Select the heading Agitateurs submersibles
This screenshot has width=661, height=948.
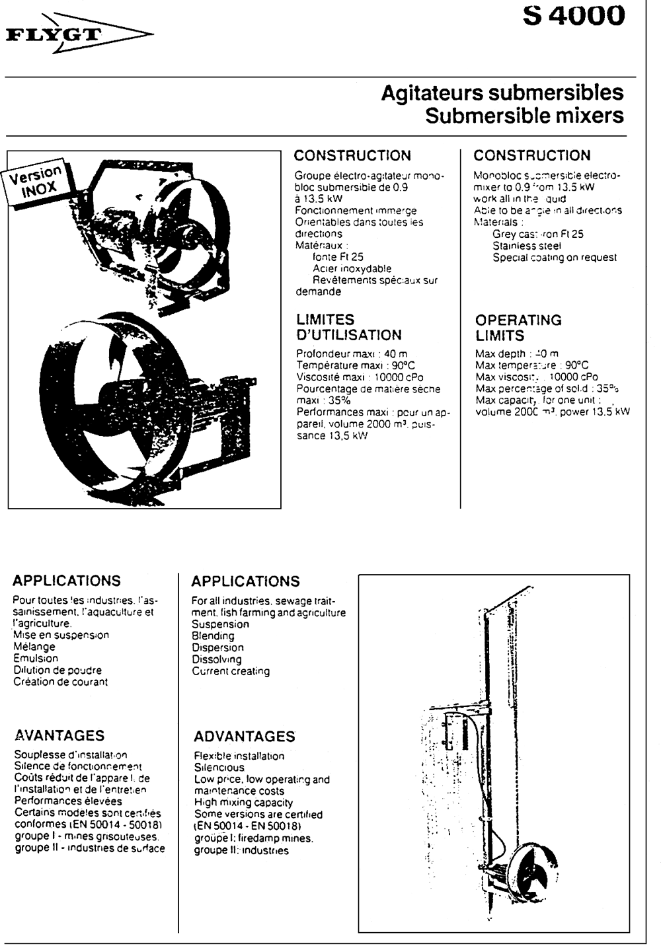click(x=502, y=92)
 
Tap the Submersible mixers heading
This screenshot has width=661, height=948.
click(x=524, y=116)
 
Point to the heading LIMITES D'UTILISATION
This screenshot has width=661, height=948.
click(x=348, y=327)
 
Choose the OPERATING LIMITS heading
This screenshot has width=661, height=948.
click(x=518, y=328)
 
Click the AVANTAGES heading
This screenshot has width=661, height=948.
click(x=59, y=735)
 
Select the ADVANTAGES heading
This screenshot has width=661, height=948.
click(x=244, y=736)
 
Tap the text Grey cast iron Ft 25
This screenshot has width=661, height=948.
click(x=537, y=234)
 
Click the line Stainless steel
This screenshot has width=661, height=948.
click(x=526, y=246)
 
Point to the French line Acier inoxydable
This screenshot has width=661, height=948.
click(x=352, y=269)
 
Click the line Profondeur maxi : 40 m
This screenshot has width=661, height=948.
click(x=352, y=353)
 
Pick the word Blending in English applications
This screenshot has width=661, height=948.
click(x=213, y=636)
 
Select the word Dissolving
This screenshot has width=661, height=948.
click(x=217, y=659)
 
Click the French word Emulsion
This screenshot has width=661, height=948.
click(x=36, y=658)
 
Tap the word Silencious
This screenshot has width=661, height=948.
click(x=219, y=768)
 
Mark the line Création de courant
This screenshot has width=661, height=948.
click(x=60, y=682)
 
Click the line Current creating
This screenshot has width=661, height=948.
click(x=231, y=671)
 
